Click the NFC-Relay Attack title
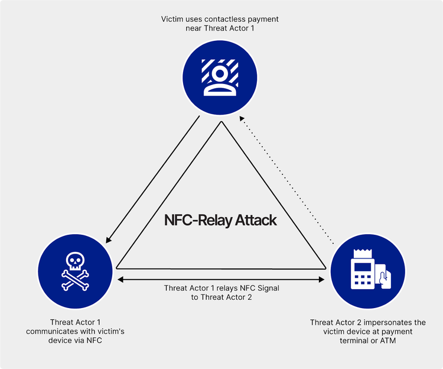pyautogui.click(x=220, y=221)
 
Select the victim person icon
pyautogui.click(x=220, y=77)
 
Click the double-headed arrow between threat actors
pyautogui.click(x=221, y=278)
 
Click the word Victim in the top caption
pyautogui.click(x=172, y=20)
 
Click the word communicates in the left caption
pyautogui.click(x=50, y=331)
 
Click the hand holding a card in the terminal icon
pyautogui.click(x=382, y=276)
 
